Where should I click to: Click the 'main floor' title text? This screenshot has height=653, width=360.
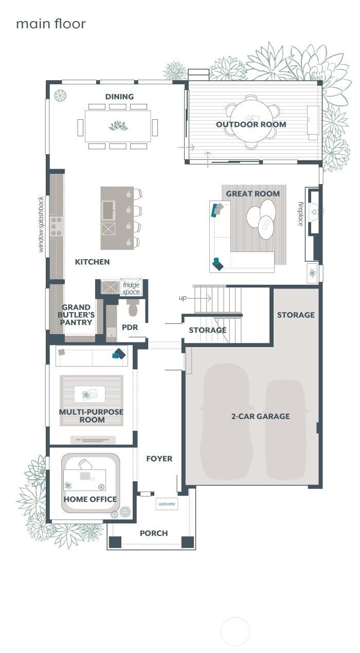pyautogui.click(x=50, y=24)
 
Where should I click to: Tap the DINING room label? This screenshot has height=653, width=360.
pyautogui.click(x=119, y=97)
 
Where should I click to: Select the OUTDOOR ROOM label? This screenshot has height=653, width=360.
pyautogui.click(x=251, y=124)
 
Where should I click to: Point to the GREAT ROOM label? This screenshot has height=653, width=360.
pyautogui.click(x=253, y=194)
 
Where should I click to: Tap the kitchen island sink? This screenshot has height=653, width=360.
pyautogui.click(x=109, y=210)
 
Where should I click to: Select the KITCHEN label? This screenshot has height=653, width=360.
pyautogui.click(x=92, y=262)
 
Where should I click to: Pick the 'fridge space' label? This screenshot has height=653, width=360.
pyautogui.click(x=131, y=288)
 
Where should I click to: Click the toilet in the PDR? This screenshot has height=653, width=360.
pyautogui.click(x=133, y=308)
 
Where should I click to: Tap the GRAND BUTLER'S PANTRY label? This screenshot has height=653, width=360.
pyautogui.click(x=77, y=315)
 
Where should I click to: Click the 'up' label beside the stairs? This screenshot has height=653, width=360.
pyautogui.click(x=183, y=298)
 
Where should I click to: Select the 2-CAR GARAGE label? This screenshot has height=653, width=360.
pyautogui.click(x=260, y=416)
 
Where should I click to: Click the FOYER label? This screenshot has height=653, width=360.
pyautogui.click(x=159, y=459)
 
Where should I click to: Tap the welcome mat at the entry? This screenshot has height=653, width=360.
pyautogui.click(x=167, y=504)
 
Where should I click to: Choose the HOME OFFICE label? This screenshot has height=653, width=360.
pyautogui.click(x=90, y=499)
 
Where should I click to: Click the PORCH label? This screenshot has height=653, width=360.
pyautogui.click(x=154, y=533)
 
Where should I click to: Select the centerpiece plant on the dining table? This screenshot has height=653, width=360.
pyautogui.click(x=118, y=125)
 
